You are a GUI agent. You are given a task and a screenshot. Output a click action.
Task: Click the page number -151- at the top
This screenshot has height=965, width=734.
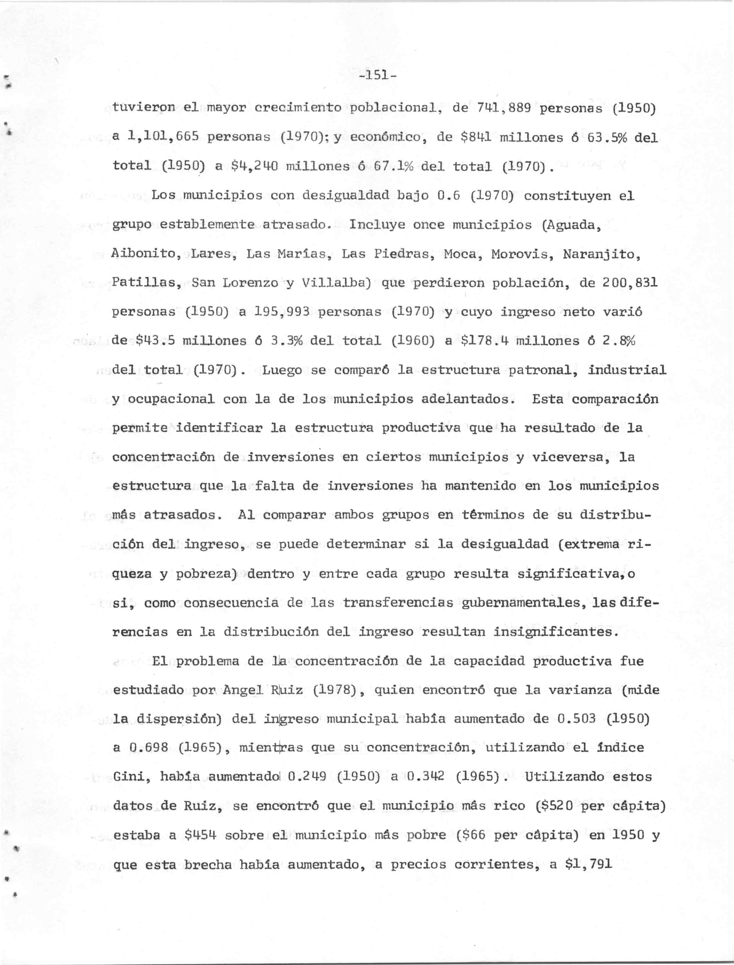point(377,76)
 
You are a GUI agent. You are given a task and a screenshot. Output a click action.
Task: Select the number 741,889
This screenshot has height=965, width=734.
point(499,108)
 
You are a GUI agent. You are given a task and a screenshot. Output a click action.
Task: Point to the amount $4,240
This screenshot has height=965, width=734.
point(253,166)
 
